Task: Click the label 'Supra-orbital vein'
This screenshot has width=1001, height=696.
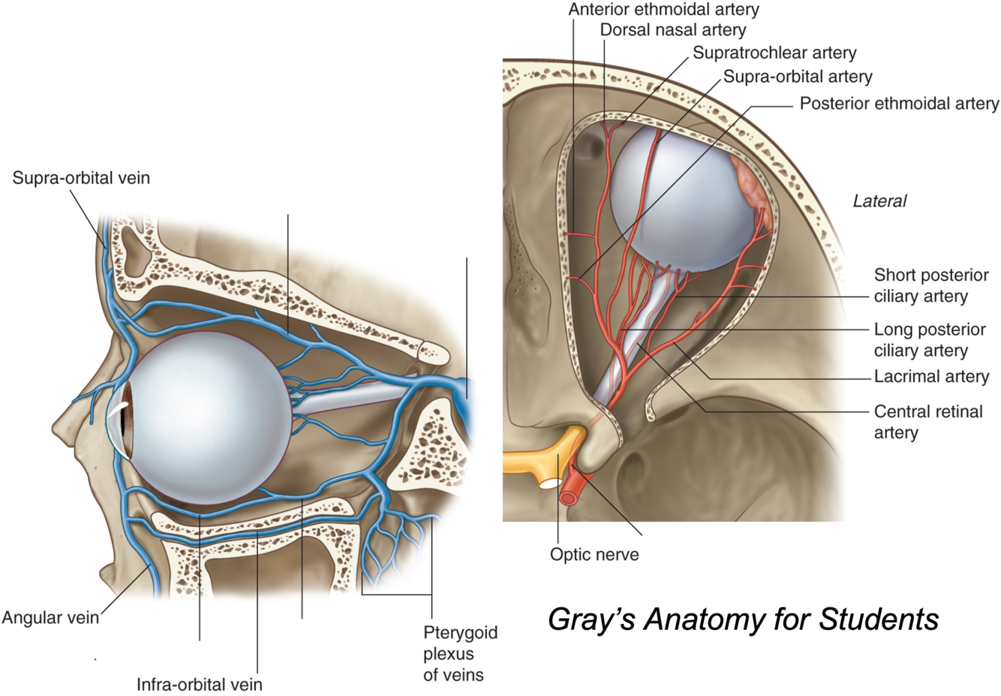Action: [81, 178]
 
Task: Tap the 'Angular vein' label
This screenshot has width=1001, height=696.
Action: [50, 618]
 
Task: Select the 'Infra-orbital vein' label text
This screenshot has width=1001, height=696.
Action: [200, 684]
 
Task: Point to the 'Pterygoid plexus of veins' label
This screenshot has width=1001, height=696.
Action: [459, 653]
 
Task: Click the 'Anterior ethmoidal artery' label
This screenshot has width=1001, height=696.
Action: [663, 10]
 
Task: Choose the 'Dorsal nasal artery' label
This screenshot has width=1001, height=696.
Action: [673, 31]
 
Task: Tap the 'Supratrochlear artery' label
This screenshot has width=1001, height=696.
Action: [774, 53]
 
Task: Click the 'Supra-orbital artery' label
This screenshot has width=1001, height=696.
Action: [798, 77]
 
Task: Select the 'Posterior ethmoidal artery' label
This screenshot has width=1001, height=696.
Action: [899, 103]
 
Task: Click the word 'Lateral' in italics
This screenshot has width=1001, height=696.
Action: [879, 201]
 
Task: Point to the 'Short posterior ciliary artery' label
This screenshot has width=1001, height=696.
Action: [931, 285]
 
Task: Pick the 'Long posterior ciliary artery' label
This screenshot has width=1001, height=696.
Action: [930, 339]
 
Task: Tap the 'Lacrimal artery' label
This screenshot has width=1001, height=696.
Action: [931, 376]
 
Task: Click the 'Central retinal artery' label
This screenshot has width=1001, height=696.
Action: [927, 421]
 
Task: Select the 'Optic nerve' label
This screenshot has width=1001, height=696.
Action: [594, 555]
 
